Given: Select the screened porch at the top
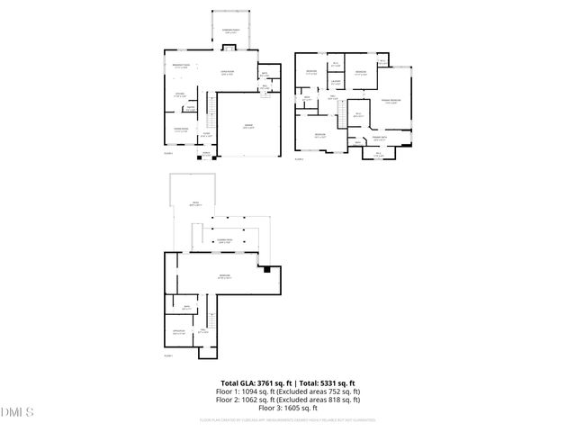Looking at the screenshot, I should point(231,32).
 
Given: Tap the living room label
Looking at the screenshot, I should point(229,74).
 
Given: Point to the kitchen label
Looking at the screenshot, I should point(179,94).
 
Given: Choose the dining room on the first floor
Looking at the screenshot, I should point(180,129).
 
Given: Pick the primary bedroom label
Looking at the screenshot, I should point(391,101).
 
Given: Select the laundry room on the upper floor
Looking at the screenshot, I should point(335,84).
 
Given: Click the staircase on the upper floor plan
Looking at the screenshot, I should point(343,112).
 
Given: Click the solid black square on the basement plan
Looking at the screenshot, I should point(266,268).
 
